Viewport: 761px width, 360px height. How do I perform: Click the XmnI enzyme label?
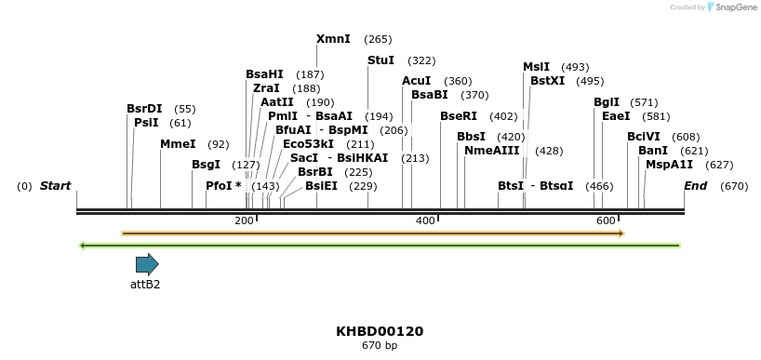coord(333,39)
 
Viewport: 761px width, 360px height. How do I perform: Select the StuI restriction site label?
coord(380,60)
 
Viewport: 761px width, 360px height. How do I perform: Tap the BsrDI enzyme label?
coord(144,109)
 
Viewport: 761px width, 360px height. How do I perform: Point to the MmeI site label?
coord(178,144)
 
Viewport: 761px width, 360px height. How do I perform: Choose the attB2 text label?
coord(145,285)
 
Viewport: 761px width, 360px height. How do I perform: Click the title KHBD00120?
coord(380,331)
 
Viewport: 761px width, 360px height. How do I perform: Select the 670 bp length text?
coord(380,346)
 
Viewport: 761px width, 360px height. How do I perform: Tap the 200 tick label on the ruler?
coord(244,220)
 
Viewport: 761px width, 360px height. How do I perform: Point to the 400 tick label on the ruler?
coord(425,220)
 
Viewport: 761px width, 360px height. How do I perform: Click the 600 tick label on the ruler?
coord(606,220)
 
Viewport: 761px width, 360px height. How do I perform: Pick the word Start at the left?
coord(55,186)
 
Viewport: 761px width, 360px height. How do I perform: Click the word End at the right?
coord(695,186)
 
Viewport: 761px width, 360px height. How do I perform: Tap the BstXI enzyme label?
coord(547,81)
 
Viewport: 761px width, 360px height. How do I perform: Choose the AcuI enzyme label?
coord(416,81)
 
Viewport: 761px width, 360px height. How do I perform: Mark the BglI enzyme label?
coord(607,102)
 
